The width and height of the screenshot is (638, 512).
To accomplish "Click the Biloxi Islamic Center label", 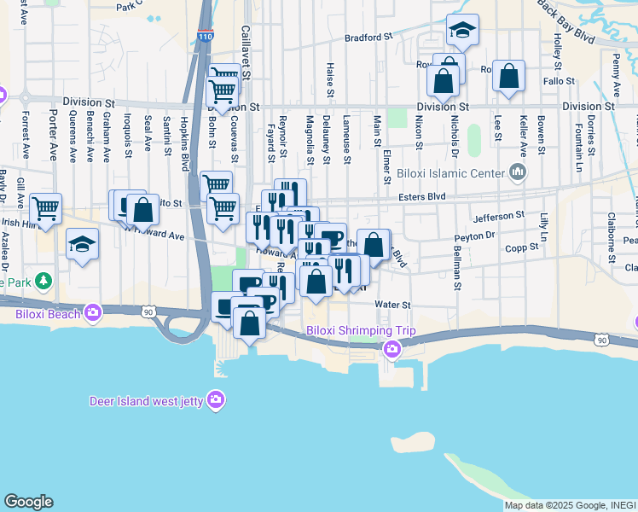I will [x=452, y=174].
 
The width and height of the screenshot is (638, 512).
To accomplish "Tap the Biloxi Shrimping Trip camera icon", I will [x=391, y=348].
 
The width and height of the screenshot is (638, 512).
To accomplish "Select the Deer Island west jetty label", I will [x=148, y=401].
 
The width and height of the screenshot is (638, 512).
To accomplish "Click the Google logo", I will [x=28, y=502].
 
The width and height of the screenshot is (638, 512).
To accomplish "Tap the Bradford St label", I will [x=368, y=38].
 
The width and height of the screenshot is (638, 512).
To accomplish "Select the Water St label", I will [x=393, y=304].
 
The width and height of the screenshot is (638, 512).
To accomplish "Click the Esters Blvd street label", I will [x=422, y=196].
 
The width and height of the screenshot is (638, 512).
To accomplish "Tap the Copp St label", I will [x=521, y=247].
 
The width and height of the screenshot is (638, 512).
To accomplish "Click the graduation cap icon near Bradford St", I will [x=462, y=30].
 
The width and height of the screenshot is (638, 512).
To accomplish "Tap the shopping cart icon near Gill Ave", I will [x=45, y=207].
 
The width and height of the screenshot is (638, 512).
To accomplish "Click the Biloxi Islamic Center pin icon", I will [x=516, y=174].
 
